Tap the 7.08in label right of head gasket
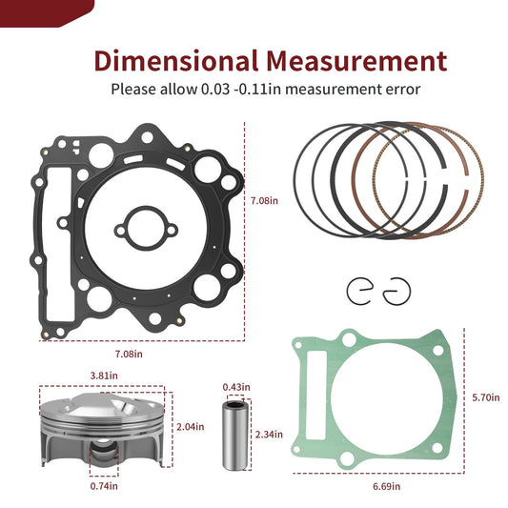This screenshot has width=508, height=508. (x=265, y=201)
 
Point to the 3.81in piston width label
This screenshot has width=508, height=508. (x=103, y=375)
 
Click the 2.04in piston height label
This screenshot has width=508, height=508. (x=189, y=426)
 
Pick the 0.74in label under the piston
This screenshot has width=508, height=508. (x=104, y=486)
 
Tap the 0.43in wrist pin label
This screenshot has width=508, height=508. (x=235, y=387)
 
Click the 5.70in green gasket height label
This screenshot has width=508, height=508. (x=484, y=396)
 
